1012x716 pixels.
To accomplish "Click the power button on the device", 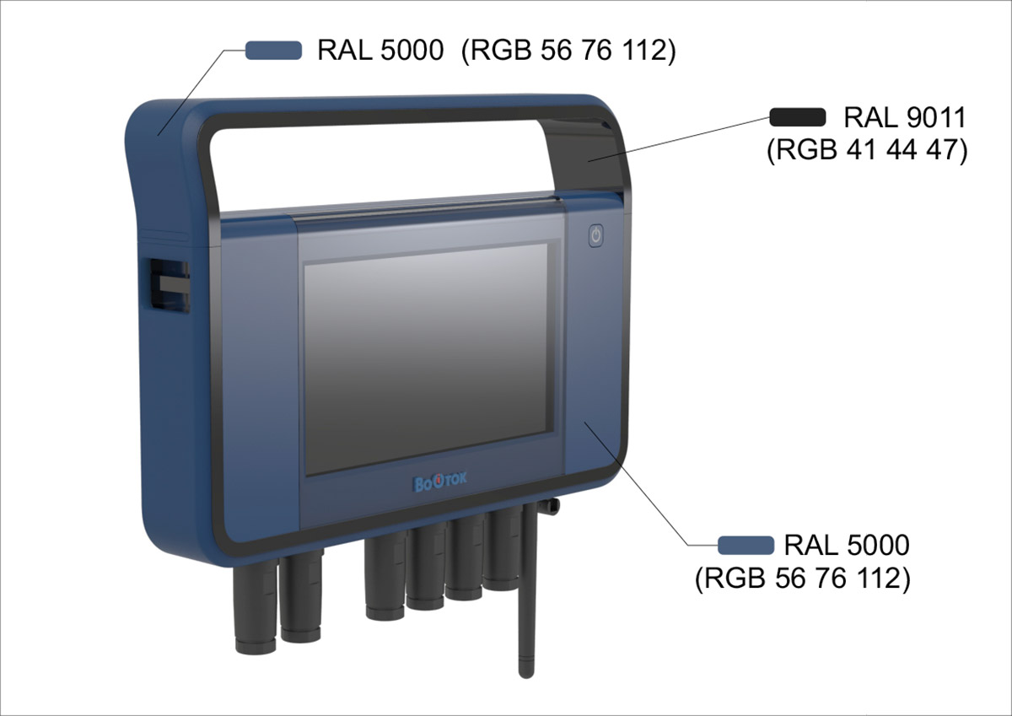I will point(595,235).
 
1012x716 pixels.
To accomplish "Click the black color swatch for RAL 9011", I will point(797,117).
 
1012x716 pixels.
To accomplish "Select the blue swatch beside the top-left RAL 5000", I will point(273,51).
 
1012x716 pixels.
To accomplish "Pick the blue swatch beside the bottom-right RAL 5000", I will point(746,545).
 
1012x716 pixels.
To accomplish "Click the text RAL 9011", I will point(904,118).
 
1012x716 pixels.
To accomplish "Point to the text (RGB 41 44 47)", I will point(866,152).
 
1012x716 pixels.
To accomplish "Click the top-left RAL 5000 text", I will point(380,51).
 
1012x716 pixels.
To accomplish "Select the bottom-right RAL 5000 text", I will point(847,545).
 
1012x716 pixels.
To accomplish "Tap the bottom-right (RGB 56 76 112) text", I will point(802,579).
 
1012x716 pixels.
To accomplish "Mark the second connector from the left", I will point(300,595).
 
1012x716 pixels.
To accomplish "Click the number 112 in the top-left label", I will point(650,51).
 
